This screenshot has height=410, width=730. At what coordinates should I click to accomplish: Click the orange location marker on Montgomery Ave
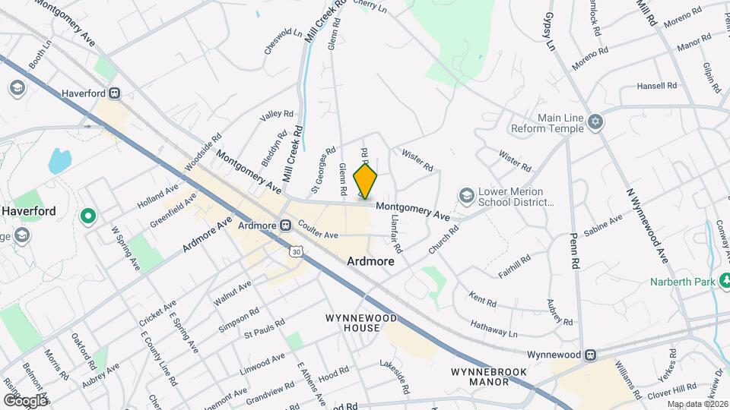pyautogui.click(x=366, y=182)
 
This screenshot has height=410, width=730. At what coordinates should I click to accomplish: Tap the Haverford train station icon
pyautogui.click(x=115, y=93)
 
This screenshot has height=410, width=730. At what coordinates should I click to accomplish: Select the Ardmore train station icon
pyautogui.click(x=286, y=225)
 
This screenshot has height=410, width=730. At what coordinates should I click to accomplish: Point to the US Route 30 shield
pyautogui.click(x=295, y=251)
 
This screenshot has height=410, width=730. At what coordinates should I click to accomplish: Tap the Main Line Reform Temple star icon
pyautogui.click(x=596, y=122)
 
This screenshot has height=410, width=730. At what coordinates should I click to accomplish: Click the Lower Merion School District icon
pyautogui.click(x=465, y=197)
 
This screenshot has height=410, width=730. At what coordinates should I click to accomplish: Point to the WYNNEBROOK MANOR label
pyautogui.click(x=479, y=377)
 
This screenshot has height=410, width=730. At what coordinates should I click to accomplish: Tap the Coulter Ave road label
pyautogui.click(x=318, y=235)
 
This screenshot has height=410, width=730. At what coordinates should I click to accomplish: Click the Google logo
pyautogui.click(x=25, y=400)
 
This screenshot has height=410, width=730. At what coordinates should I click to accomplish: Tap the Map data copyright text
pyautogui.click(x=697, y=404)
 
